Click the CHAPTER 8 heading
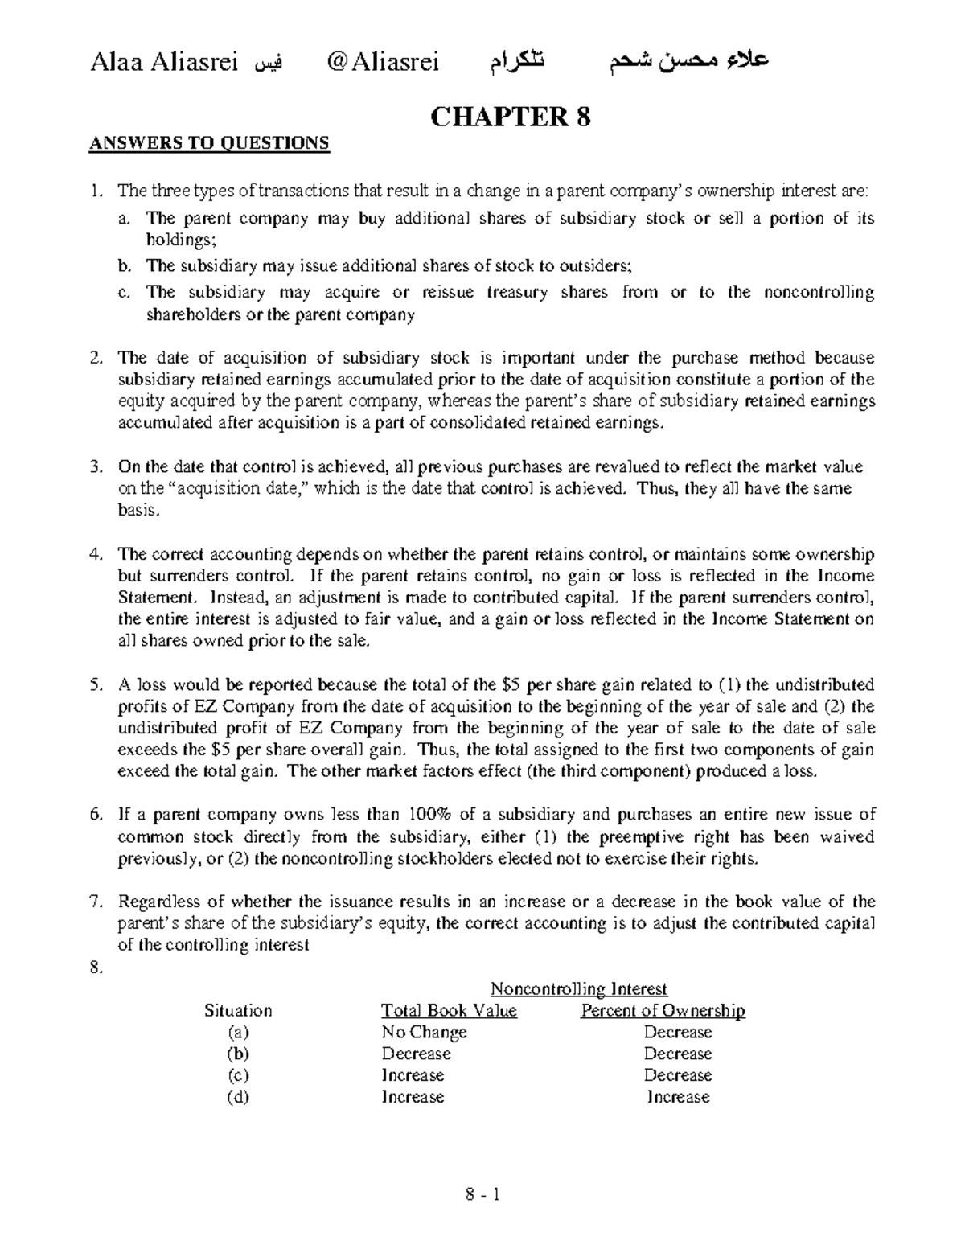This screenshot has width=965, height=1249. pyautogui.click(x=511, y=117)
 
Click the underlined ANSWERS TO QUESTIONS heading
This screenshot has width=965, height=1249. pyautogui.click(x=209, y=144)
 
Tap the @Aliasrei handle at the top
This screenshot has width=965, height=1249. pyautogui.click(x=384, y=62)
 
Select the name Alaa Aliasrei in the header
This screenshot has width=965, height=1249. pyautogui.click(x=164, y=62)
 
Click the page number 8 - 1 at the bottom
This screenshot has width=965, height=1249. pyautogui.click(x=482, y=1194)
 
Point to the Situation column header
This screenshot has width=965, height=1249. pyautogui.click(x=238, y=1010)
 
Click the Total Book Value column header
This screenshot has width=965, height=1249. pyautogui.click(x=449, y=1010)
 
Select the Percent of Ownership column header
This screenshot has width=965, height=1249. pyautogui.click(x=663, y=1010)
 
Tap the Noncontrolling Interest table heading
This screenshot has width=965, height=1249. pyautogui.click(x=579, y=988)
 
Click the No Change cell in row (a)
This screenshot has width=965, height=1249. pyautogui.click(x=424, y=1032)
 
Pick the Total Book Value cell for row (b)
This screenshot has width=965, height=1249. pyautogui.click(x=416, y=1054)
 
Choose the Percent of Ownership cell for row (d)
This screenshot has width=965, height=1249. pyautogui.click(x=678, y=1097)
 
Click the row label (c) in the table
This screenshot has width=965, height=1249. pyautogui.click(x=238, y=1075)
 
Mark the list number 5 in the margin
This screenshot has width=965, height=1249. pyautogui.click(x=96, y=685)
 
